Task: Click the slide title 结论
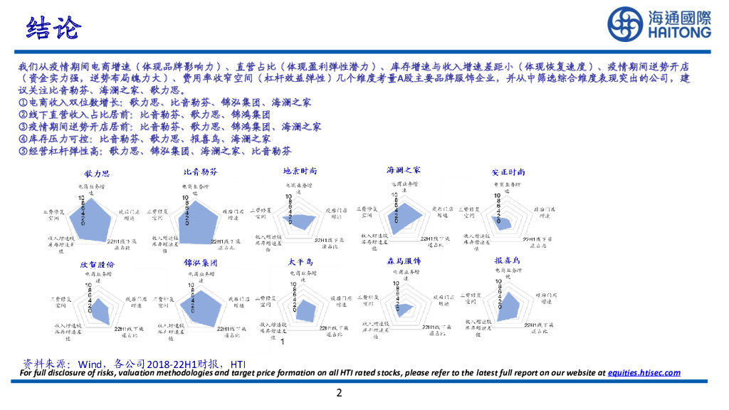pos(53,29)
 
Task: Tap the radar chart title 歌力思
pos(97,173)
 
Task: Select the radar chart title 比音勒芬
pos(200,172)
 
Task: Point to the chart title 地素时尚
pos(300,172)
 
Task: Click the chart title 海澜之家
pos(404,171)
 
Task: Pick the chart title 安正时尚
pos(508,172)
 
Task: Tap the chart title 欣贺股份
pos(97,264)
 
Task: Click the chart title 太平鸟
pos(300,263)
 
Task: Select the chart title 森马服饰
pos(404,261)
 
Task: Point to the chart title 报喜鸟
pos(508,261)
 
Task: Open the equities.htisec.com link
pos(643,372)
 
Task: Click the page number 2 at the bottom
pos(340,393)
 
